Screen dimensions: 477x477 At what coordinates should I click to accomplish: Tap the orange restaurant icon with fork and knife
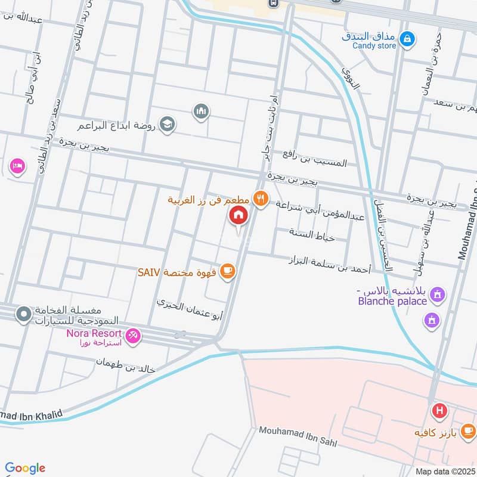[261, 199]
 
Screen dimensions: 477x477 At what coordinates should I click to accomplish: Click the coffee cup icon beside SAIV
[227, 272]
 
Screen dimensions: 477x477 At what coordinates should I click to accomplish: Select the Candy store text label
[374, 46]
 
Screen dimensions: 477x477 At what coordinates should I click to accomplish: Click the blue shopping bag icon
[408, 39]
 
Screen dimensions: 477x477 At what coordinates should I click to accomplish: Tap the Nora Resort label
[94, 333]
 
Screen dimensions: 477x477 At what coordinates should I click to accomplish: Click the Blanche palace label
[392, 301]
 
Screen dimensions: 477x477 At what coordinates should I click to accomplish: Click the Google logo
[25, 468]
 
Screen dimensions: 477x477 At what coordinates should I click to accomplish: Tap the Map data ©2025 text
[444, 471]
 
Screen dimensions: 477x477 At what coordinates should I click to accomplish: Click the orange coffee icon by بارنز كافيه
[468, 429]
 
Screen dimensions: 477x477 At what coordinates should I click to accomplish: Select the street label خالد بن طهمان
[126, 366]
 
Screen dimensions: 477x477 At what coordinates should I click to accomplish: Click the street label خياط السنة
[312, 234]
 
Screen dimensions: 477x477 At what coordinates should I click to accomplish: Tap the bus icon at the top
[273, 3]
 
